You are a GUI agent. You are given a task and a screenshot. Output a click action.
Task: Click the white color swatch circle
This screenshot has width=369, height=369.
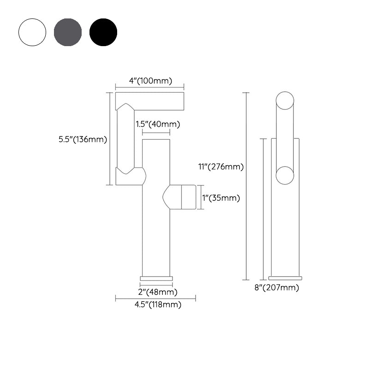tap(32, 32)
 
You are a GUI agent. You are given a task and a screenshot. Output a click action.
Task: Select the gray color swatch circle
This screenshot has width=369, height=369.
tap(68, 32)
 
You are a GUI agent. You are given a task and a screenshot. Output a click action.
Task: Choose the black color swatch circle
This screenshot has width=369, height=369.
tap(103, 32)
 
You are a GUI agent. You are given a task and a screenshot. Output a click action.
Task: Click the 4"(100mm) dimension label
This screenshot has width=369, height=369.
tap(150, 81)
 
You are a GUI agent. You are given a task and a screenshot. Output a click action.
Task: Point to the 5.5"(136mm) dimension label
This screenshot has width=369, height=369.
tap(83, 140)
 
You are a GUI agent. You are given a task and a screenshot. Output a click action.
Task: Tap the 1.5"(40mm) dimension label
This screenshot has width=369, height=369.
tap(158, 124)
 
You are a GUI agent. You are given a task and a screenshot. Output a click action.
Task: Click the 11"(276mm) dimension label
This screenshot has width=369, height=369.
tap(221, 167)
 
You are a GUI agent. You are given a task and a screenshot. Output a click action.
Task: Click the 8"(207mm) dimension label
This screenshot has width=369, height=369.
tap(277, 288)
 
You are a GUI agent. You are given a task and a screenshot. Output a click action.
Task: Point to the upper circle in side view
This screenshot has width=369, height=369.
tap(285, 101)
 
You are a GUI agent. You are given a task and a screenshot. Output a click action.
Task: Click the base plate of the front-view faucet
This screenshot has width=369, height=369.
tap(156, 278)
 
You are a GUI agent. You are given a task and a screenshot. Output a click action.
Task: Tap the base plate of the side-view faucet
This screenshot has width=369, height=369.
tap(285, 278)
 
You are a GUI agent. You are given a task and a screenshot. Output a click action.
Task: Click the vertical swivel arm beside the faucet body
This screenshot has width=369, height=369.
tap(125, 138)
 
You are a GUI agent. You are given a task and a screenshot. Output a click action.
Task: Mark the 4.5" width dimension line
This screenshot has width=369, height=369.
tap(155, 299)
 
